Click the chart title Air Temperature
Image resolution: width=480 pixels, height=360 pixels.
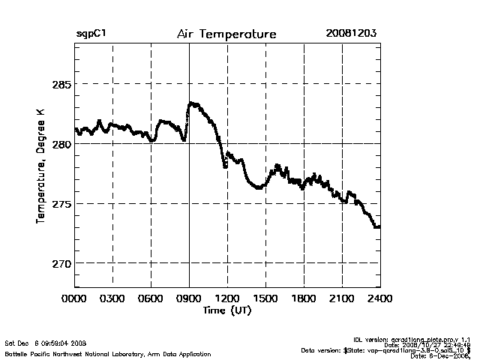pyautogui.click(x=226, y=34)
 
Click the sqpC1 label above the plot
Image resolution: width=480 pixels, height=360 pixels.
pyautogui.click(x=90, y=34)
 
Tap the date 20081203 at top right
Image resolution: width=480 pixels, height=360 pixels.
pyautogui.click(x=351, y=34)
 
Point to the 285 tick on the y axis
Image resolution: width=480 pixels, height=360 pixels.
pyautogui.click(x=60, y=84)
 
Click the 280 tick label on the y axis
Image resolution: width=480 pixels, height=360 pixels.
pyautogui.click(x=60, y=144)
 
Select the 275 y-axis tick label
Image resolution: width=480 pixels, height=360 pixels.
pyautogui.click(x=60, y=204)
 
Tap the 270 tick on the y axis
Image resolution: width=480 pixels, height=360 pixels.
pyautogui.click(x=60, y=263)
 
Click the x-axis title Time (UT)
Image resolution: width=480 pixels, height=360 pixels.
pyautogui.click(x=227, y=310)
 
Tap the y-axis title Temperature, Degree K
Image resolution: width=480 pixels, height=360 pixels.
pyautogui.click(x=40, y=165)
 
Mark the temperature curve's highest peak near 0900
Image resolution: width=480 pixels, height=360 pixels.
pyautogui.click(x=192, y=103)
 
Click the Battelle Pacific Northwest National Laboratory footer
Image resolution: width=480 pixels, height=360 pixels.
pyautogui.click(x=108, y=353)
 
